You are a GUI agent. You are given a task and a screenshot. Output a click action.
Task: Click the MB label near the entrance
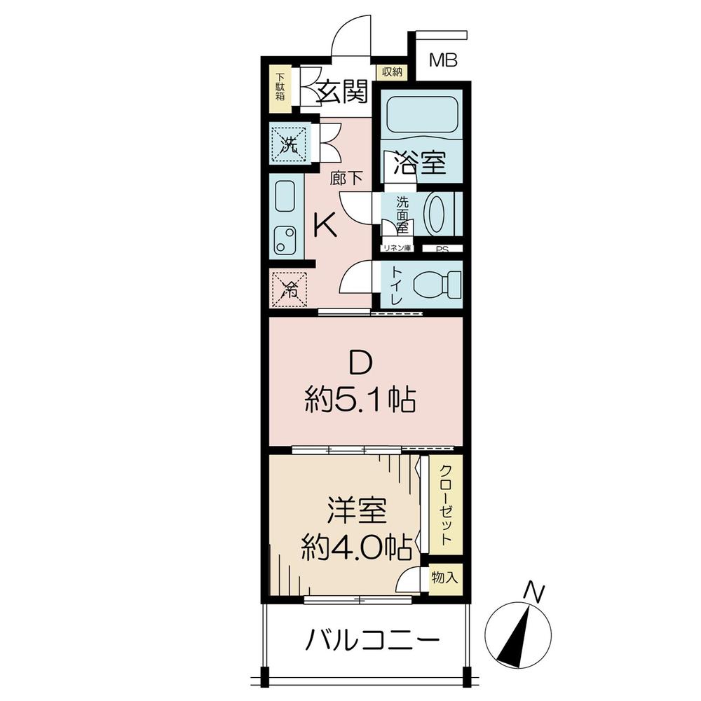(443, 60)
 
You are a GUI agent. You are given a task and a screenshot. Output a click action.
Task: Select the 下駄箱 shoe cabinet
(280, 88)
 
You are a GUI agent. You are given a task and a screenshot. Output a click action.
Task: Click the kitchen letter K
(326, 225)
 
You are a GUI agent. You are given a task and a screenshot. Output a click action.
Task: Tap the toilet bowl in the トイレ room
(435, 285)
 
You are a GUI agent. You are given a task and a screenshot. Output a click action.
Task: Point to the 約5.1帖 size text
(360, 402)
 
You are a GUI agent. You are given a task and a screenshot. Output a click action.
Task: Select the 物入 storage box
(444, 578)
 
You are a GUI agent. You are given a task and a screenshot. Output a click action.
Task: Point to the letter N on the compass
(536, 593)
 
